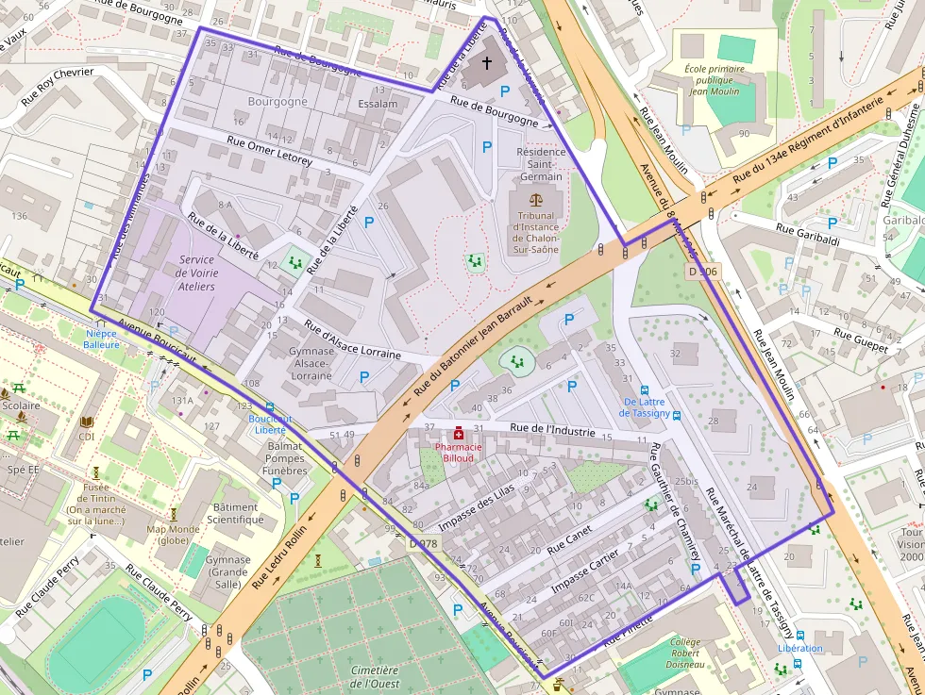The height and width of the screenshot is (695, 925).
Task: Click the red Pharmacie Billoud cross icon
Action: point(458,433)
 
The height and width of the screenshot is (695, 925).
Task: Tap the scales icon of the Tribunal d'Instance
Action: point(537,201)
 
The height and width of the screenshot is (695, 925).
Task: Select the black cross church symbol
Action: point(487,63)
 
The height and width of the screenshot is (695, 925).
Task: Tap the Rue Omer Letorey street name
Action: point(269,149)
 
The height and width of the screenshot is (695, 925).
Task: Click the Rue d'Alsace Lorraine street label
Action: point(352,339)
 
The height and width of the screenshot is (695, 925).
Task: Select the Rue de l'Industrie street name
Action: point(552,430)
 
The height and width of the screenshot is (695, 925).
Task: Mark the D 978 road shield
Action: point(425,543)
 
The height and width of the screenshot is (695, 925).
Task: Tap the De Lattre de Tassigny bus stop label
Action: point(646,407)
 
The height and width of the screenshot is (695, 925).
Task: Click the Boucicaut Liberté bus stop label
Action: point(271,423)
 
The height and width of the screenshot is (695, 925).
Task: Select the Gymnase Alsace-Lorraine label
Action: point(311,363)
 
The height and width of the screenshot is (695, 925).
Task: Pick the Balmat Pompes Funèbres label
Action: point(285,457)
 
